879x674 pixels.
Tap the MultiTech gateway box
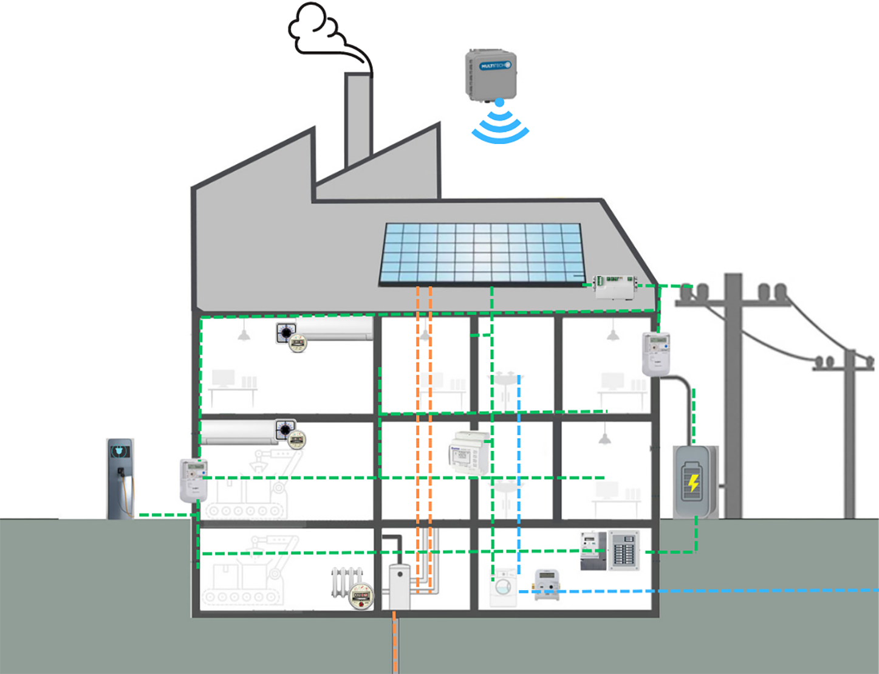pyautogui.click(x=491, y=74)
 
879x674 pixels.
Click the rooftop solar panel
pyautogui.click(x=481, y=253)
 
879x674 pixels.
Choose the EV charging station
pyautogui.click(x=120, y=478)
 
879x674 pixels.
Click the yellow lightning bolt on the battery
pyautogui.click(x=693, y=483)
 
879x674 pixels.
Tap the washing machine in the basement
pyautogui.click(x=504, y=587)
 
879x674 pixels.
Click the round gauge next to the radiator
pyautogui.click(x=361, y=596)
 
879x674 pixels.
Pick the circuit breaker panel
pyautogui.click(x=624, y=550)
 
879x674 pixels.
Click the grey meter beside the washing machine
pyautogui.click(x=546, y=584)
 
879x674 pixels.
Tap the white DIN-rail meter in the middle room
pyautogui.click(x=468, y=453)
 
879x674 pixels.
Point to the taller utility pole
pyautogui.click(x=733, y=395)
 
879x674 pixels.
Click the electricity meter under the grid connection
pyautogui.click(x=656, y=354)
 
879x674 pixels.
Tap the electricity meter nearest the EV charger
pyautogui.click(x=194, y=480)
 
